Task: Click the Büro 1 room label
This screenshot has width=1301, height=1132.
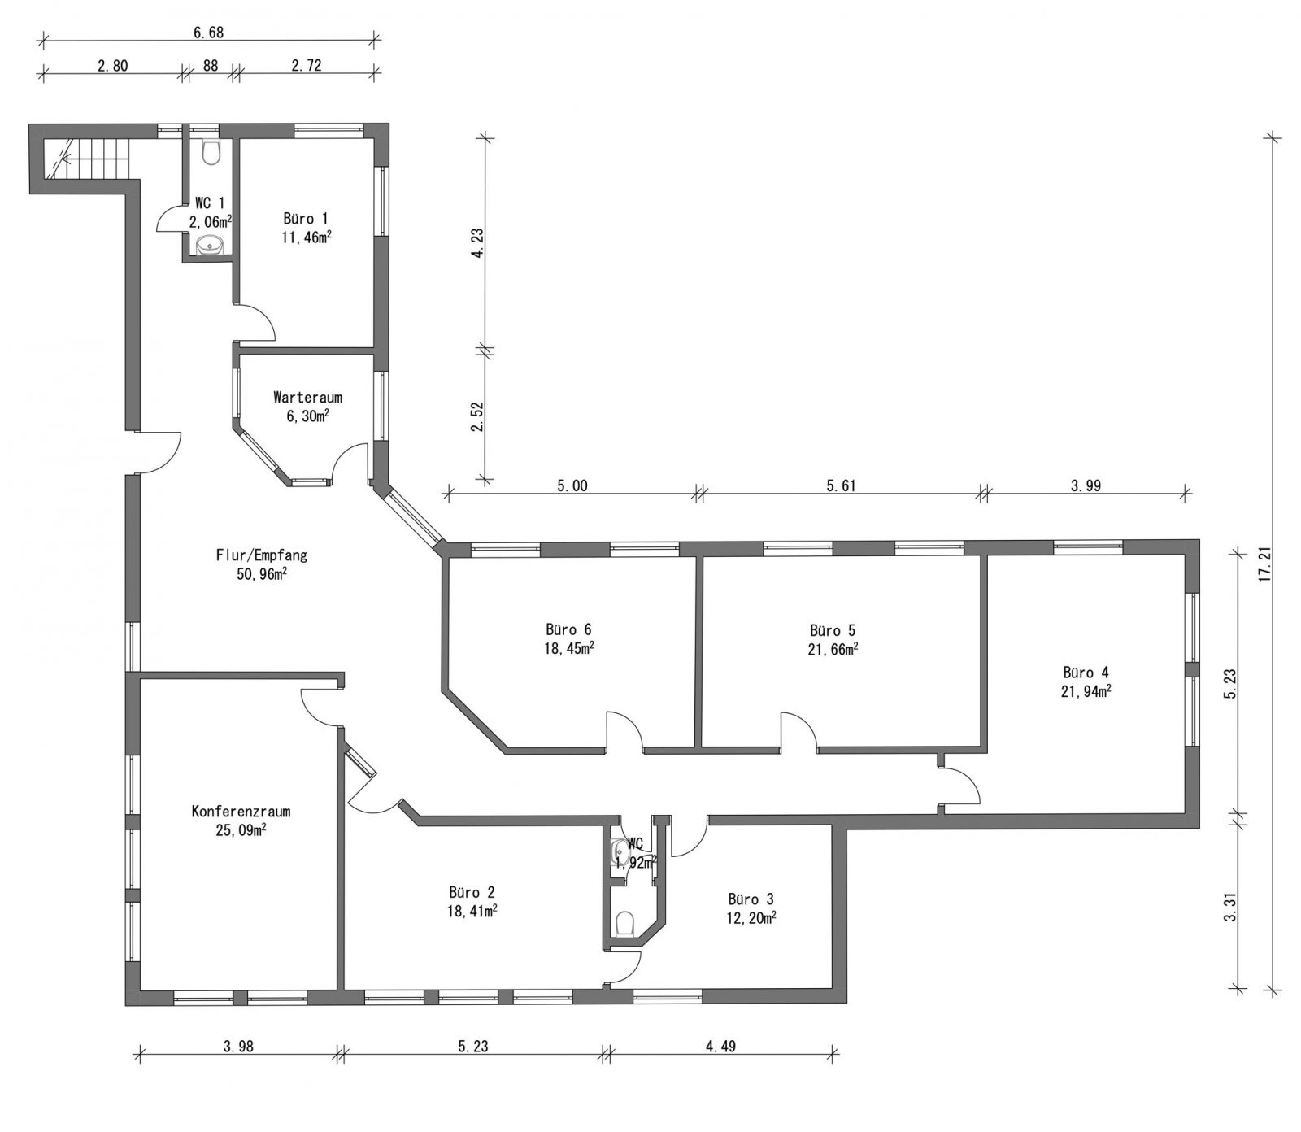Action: [x=306, y=219]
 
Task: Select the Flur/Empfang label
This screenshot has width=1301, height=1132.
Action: [x=261, y=556]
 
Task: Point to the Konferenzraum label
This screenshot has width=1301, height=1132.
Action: [x=241, y=812]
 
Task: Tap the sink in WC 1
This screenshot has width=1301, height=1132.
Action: [x=210, y=244]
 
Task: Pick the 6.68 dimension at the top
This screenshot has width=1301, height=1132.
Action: [x=207, y=33]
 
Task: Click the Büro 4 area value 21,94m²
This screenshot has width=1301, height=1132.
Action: [x=1087, y=691]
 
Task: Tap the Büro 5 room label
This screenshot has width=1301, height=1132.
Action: [x=833, y=630]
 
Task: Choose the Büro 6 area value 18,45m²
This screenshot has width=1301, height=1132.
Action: [x=568, y=649]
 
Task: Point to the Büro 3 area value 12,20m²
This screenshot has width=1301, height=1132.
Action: [x=751, y=917]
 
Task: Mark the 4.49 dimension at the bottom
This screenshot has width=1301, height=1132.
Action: [x=720, y=1047]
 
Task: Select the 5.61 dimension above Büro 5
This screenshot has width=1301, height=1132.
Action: [x=842, y=486]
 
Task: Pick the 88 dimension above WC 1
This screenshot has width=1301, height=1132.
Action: [x=211, y=66]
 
